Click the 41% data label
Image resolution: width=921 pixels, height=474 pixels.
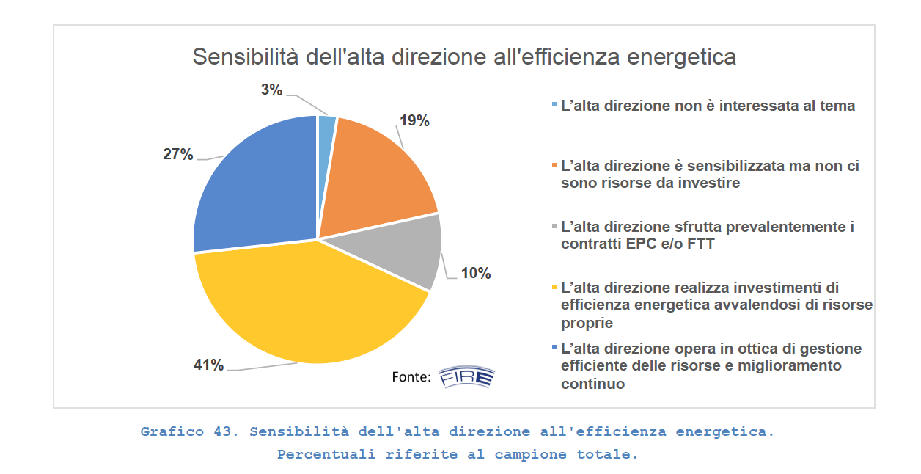coord(208,365)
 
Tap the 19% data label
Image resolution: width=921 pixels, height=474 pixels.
coord(414,121)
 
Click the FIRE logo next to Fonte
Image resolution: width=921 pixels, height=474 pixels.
coord(466,377)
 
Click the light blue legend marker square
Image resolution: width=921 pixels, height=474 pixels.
coord(555,104)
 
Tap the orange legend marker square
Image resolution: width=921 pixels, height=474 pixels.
coord(555,165)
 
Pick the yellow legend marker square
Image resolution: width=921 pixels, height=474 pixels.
coord(555,286)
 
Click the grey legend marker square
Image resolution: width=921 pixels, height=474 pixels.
coord(555,226)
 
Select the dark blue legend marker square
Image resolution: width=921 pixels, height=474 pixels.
coord(555,346)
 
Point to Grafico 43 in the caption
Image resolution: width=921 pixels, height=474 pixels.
coord(188,431)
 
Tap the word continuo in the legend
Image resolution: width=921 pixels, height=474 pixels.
coord(592,383)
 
